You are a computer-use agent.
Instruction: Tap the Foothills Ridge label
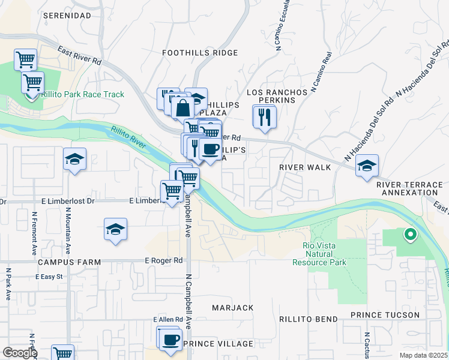point(192,53)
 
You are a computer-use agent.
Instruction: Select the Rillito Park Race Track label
point(83,94)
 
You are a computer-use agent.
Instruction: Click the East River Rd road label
point(80,57)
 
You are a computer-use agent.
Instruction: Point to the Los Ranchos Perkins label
point(277,96)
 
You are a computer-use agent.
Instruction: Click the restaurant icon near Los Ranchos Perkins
point(265,117)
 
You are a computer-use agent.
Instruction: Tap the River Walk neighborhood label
point(306,167)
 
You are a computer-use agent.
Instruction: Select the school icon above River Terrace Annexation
point(366,166)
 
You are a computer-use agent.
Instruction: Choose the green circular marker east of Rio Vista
point(411,235)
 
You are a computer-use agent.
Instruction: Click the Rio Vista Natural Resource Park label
point(319,254)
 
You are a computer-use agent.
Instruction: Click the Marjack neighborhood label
point(233,308)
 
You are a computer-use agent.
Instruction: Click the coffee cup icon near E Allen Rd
point(170,339)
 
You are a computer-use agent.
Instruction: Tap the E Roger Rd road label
point(163,261)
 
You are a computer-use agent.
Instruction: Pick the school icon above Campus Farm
point(115,230)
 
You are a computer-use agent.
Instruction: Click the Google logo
point(20,353)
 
